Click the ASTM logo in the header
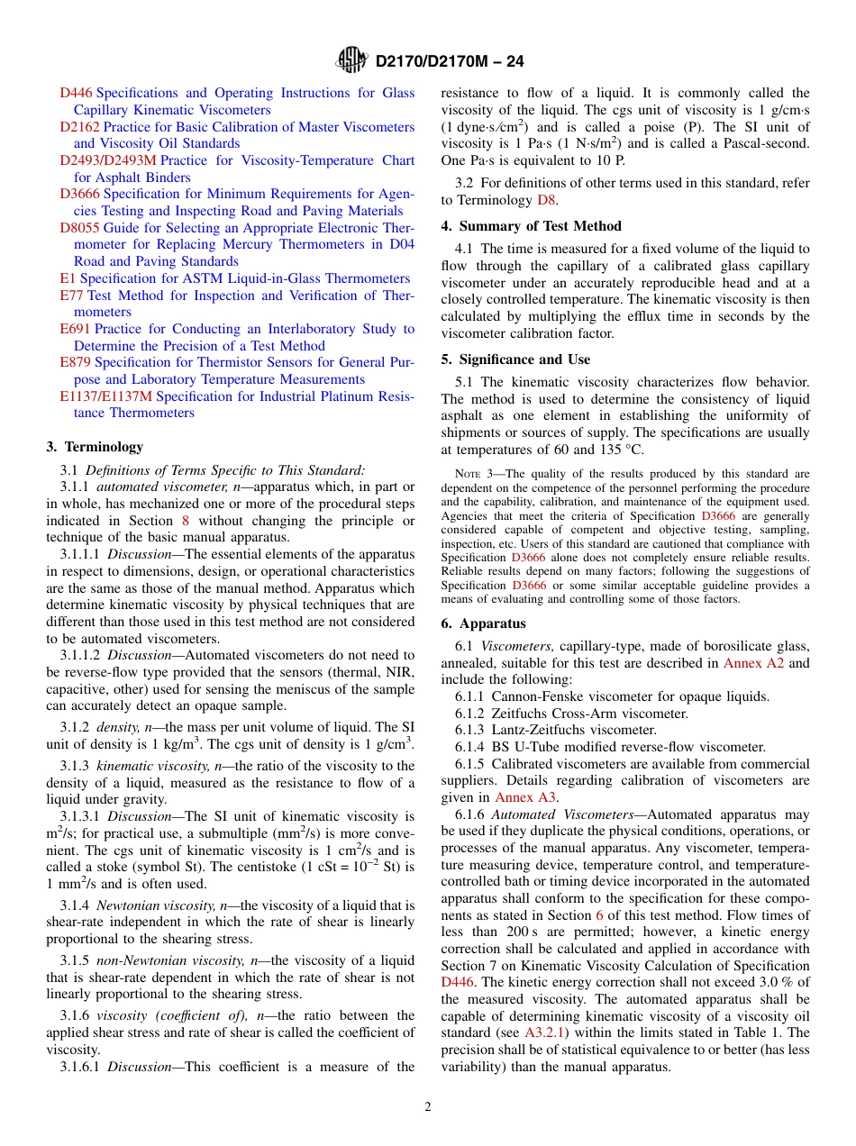(x=351, y=60)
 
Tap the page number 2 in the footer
(x=428, y=1107)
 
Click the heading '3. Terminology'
(x=95, y=447)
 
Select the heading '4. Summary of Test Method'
(x=531, y=226)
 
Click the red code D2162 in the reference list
(x=79, y=127)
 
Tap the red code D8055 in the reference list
(x=79, y=228)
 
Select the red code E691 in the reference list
(x=75, y=329)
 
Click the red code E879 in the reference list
(x=75, y=362)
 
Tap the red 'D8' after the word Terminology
(x=547, y=199)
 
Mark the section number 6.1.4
(x=471, y=747)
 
